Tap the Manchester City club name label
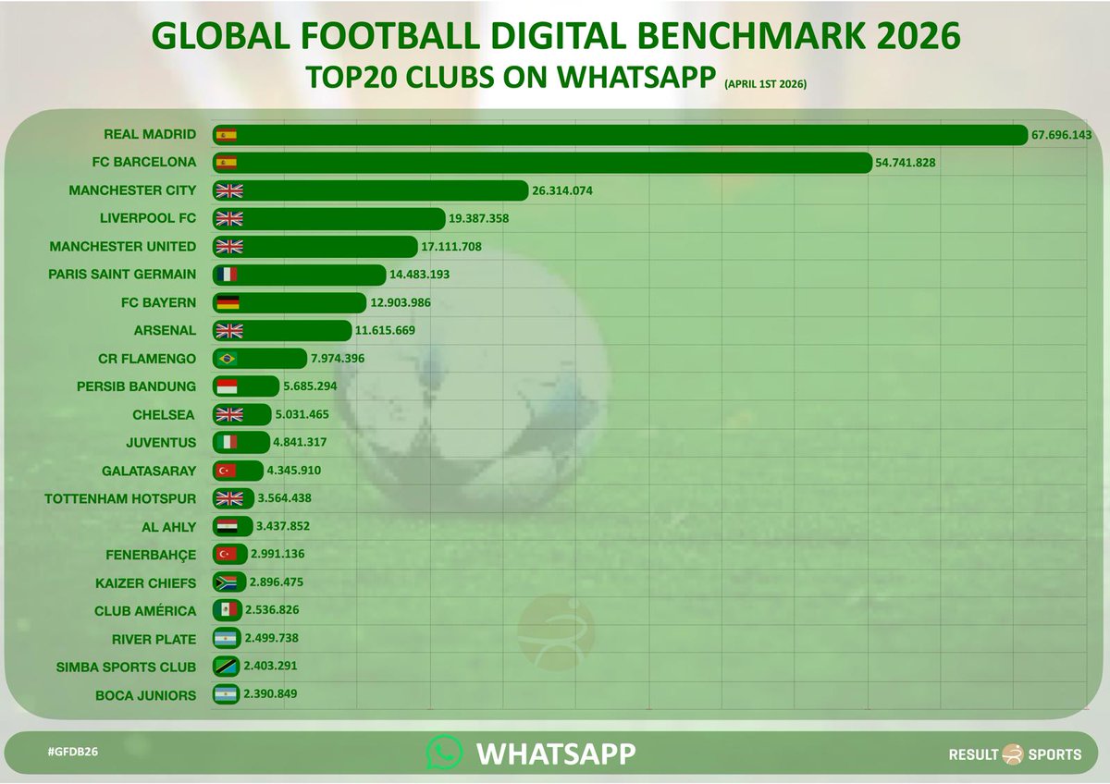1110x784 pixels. (x=132, y=190)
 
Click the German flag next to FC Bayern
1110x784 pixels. (x=227, y=302)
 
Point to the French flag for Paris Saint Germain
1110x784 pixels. (x=227, y=275)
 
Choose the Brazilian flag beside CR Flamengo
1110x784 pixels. (x=227, y=359)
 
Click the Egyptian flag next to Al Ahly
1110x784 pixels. (x=227, y=527)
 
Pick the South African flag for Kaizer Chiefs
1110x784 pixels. (x=227, y=582)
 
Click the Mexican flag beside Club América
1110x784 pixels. (x=227, y=610)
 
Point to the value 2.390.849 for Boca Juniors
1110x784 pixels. (x=270, y=694)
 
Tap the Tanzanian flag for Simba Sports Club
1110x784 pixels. (x=227, y=667)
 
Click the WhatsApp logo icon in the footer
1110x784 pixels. (x=444, y=753)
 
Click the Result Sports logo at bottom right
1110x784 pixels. (x=1015, y=754)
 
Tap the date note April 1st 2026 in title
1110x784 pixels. (x=766, y=84)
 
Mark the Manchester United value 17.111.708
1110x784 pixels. (x=452, y=247)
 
